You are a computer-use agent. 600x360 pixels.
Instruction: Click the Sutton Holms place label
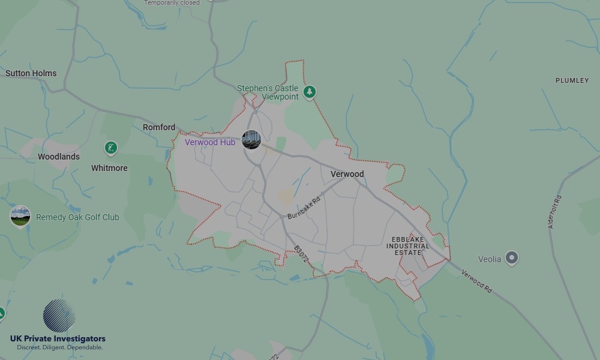31,73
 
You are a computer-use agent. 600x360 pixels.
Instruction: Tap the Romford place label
159,127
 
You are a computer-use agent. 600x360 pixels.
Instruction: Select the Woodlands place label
59,157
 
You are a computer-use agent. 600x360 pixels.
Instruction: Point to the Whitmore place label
109,168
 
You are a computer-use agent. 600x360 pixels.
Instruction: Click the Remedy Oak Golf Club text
77,217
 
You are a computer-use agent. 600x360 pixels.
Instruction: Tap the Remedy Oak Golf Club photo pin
20,216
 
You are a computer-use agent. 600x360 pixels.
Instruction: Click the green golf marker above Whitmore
110,148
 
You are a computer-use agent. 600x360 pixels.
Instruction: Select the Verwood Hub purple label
210,142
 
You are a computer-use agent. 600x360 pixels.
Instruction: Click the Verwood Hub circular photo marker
251,140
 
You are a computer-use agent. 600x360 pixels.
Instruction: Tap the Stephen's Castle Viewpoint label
268,92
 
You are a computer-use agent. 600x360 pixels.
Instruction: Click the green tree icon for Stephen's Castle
310,92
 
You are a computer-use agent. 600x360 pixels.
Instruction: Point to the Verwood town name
347,174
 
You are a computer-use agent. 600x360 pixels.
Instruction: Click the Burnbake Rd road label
304,206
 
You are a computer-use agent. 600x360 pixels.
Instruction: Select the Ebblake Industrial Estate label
408,246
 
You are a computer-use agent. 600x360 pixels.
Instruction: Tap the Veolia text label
490,259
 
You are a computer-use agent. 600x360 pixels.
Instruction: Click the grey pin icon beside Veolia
512,258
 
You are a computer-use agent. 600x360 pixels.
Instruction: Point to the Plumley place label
572,80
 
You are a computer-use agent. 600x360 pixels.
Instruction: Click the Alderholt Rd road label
554,212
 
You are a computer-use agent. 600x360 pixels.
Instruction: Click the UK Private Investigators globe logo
59,316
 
